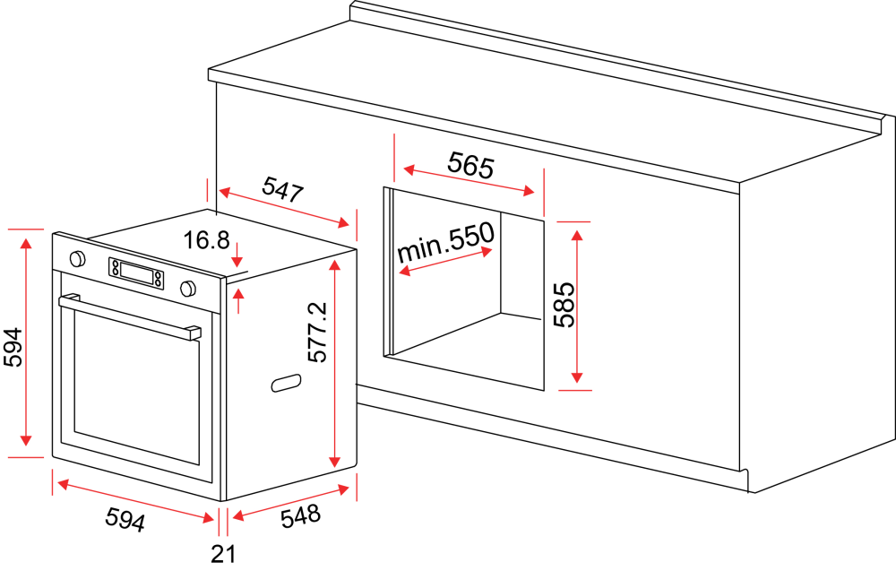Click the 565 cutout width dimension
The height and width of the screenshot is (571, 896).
pos(470,165)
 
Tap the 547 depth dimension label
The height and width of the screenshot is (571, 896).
pos(282,189)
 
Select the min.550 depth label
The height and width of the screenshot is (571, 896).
pos(445,242)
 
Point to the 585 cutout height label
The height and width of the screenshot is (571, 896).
pos(564,304)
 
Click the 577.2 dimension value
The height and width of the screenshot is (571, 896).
pos(317,332)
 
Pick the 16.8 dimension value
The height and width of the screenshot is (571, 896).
pos(206,240)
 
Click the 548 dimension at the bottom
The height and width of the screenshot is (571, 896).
pos(300,515)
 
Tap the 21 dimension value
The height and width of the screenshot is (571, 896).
pos(223,553)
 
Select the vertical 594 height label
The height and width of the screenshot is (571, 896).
pos(13,347)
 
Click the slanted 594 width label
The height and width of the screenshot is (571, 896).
pos(125,520)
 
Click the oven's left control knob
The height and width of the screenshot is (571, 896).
pos(77,259)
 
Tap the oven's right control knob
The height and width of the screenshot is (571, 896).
pos(188,289)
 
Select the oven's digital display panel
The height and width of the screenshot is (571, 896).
pos(136,273)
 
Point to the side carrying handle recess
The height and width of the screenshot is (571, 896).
pos(286,383)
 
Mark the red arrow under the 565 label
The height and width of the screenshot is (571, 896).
pos(470,180)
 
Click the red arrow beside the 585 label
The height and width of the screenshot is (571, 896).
pos(576,306)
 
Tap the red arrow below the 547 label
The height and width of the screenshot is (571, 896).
pos(284,207)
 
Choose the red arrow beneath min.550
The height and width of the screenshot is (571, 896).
pos(445,261)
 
